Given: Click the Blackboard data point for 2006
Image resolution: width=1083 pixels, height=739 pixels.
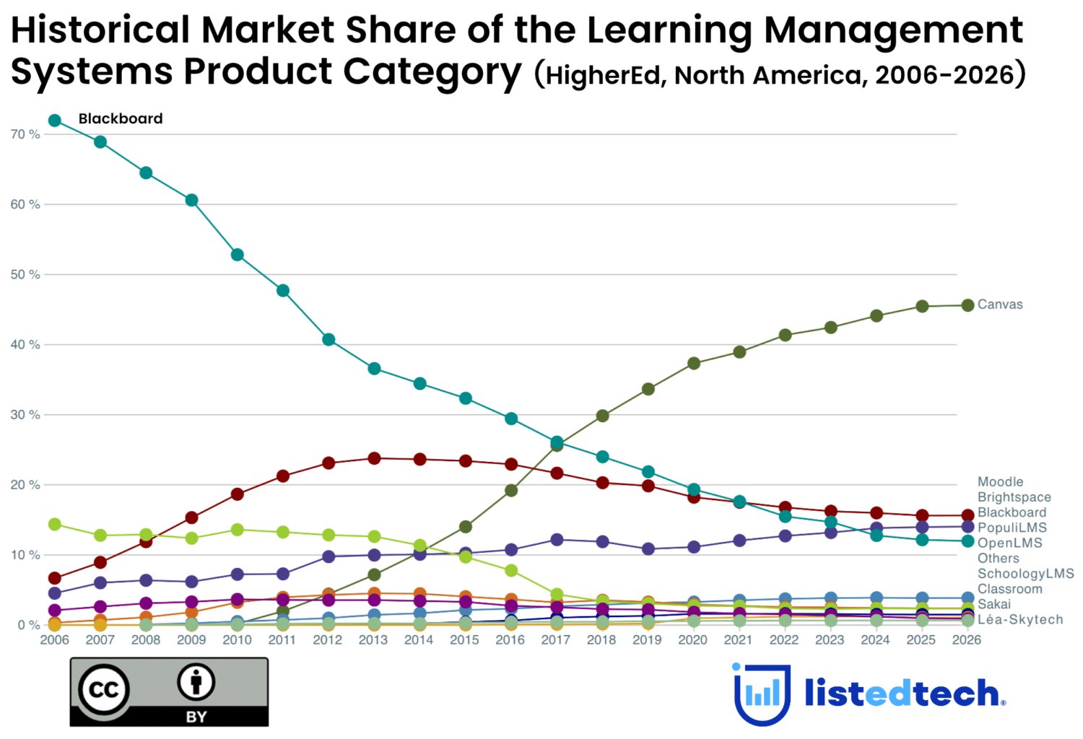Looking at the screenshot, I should coord(54,121).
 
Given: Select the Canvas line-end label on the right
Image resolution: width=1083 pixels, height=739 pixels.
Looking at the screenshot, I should coord(1000,305).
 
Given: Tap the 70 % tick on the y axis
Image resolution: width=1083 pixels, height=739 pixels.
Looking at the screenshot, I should coord(25,134).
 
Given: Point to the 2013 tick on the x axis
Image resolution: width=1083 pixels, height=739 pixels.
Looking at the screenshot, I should coord(373,640).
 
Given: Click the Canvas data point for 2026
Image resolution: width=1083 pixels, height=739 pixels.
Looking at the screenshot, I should coord(967,305).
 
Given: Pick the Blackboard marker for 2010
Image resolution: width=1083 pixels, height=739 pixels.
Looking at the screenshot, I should coord(237,255).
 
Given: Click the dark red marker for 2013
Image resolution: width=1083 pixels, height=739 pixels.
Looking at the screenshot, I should coord(374,458).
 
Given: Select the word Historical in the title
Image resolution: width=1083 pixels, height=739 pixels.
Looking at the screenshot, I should coord(100,30).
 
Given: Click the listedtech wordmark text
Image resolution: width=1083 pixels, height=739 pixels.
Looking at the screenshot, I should coord(902,694).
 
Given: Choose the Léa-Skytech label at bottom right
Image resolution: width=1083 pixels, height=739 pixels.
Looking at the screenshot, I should coord(1020,620).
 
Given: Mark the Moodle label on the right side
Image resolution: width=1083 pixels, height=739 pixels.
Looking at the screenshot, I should coord(1000,482).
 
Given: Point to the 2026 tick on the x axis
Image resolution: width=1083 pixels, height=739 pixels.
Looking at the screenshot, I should coord(967,640).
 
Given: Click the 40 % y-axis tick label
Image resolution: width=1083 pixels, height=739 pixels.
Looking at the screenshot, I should coord(25,345).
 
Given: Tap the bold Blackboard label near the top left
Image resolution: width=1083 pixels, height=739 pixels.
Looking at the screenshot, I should coord(121,119).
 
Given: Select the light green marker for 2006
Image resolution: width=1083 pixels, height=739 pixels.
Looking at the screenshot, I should coord(54,524).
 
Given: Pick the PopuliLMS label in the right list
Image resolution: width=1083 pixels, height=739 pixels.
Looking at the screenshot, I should coord(1012,528).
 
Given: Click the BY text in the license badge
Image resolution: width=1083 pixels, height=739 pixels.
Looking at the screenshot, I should coord(196,717).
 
